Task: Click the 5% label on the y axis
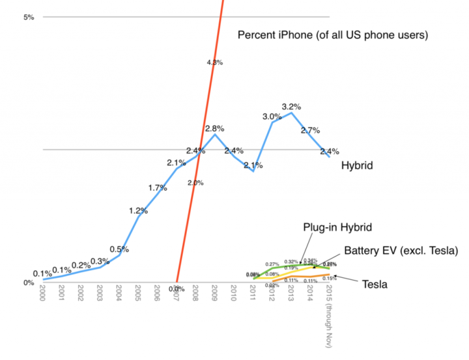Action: click(28, 17)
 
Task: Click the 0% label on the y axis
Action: click(28, 283)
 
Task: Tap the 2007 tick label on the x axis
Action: click(176, 294)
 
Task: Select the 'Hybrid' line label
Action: click(356, 166)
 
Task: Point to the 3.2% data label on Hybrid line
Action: click(291, 106)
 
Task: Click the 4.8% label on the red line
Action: click(215, 62)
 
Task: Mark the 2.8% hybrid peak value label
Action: click(215, 128)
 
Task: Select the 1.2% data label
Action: click(138, 210)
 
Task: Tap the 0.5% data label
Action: click(119, 249)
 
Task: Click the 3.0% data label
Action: click(272, 117)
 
